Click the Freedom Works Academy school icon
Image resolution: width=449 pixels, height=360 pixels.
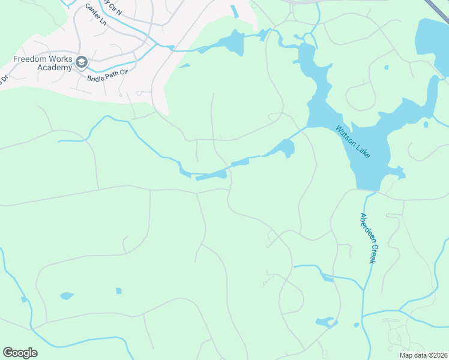pos(82,62)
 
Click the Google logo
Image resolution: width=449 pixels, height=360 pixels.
pos(20,353)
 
